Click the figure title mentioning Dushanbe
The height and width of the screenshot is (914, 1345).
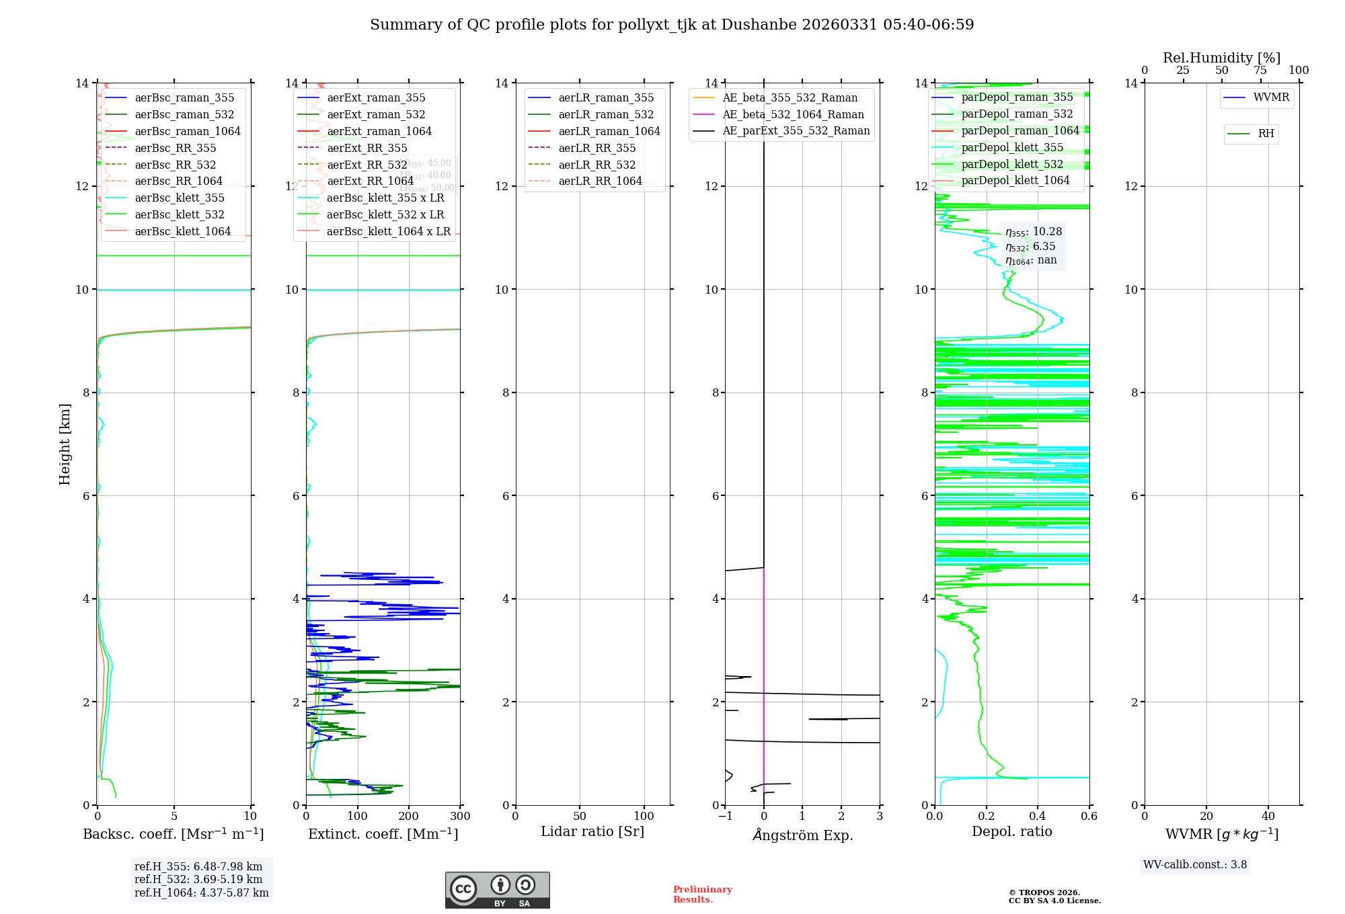[x=672, y=25]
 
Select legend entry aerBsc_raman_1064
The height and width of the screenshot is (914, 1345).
[x=187, y=131]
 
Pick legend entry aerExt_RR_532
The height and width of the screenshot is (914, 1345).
[x=367, y=165]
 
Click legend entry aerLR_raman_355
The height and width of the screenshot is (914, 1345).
[x=605, y=98]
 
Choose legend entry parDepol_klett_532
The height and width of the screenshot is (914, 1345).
[x=1011, y=164]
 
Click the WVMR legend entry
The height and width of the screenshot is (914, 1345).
[x=1270, y=97]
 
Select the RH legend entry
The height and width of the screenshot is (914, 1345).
[x=1265, y=134]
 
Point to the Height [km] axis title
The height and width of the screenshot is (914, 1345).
[x=65, y=444]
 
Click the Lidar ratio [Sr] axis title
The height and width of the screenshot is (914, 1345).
[x=592, y=831]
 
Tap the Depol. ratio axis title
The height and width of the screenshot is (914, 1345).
[x=1011, y=831]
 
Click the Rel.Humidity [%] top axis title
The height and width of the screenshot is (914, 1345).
[x=1221, y=58]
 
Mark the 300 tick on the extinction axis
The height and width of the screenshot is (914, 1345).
[x=461, y=817]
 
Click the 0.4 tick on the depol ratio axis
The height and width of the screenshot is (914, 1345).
[x=1038, y=817]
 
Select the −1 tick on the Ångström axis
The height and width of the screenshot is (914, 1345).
[x=725, y=817]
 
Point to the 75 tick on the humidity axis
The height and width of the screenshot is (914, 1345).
[x=1260, y=71]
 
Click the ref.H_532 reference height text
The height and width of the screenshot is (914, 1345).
[x=198, y=879]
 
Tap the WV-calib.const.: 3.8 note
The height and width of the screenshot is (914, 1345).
[x=1195, y=865]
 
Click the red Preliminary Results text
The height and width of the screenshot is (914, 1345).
[x=702, y=895]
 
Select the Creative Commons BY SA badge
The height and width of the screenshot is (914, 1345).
[x=497, y=890]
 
